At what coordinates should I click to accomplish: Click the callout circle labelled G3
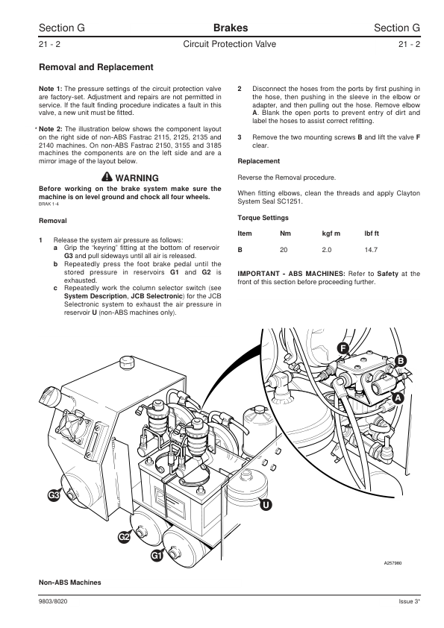click(x=54, y=495)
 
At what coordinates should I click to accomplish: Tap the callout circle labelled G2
click(x=124, y=536)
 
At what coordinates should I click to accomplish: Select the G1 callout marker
click(x=157, y=556)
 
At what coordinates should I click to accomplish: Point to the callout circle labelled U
click(x=266, y=505)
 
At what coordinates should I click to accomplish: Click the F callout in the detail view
click(x=343, y=348)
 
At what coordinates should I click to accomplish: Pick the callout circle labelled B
click(x=400, y=361)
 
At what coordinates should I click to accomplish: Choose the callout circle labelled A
click(x=398, y=398)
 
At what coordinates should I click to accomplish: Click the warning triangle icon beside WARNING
click(x=107, y=177)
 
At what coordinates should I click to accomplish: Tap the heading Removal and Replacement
click(x=96, y=67)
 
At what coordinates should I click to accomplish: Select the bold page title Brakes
click(x=231, y=28)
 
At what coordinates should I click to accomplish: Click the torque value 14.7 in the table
click(x=371, y=250)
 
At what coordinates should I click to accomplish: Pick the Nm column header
click(x=285, y=233)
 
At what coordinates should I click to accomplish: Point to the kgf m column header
click(x=331, y=233)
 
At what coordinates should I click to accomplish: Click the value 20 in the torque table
click(x=284, y=250)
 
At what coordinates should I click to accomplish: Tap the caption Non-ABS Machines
click(x=69, y=583)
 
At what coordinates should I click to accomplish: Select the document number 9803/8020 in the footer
click(x=53, y=602)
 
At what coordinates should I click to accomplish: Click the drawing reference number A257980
click(x=393, y=563)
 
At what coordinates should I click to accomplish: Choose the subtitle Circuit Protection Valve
click(x=230, y=44)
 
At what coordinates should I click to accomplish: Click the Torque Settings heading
click(x=263, y=218)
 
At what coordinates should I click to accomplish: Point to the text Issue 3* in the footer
click(x=409, y=602)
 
